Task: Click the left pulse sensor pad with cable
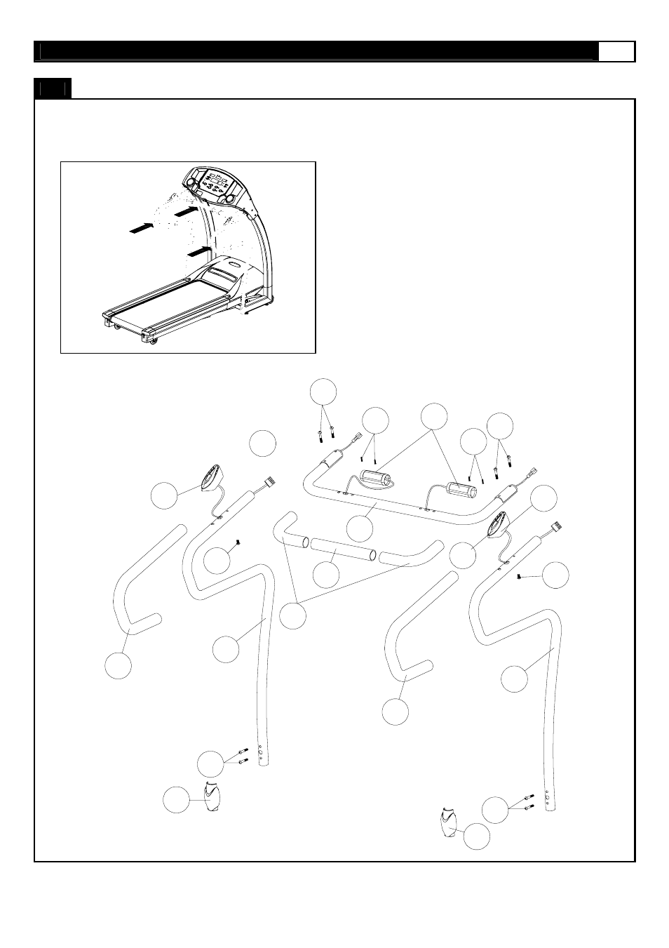210,480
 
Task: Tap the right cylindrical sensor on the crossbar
458,488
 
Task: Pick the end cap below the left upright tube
211,797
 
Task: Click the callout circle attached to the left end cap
176,800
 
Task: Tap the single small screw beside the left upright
238,542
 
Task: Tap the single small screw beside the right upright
518,576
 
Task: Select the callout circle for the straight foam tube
325,575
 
